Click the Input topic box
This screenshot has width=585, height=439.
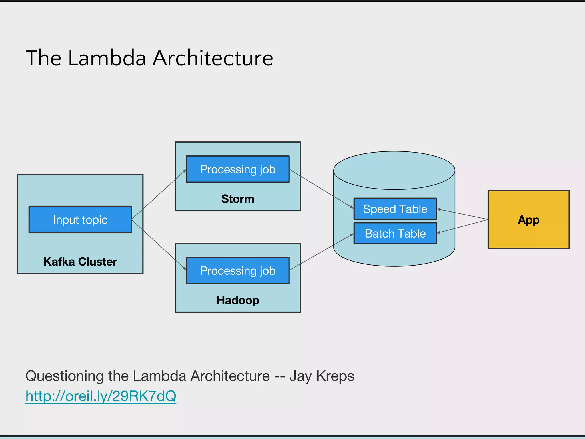pyautogui.click(x=80, y=219)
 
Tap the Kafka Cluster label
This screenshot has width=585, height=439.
pyautogui.click(x=80, y=262)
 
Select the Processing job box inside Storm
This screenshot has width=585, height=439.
pyautogui.click(x=238, y=169)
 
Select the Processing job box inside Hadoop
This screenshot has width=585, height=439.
pyautogui.click(x=238, y=270)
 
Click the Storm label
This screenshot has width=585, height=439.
pyautogui.click(x=238, y=199)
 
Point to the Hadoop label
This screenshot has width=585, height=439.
pyautogui.click(x=238, y=300)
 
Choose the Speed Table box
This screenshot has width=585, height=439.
pyautogui.click(x=395, y=209)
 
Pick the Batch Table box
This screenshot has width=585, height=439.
pyautogui.click(x=395, y=234)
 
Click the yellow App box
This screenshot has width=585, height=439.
pyautogui.click(x=528, y=219)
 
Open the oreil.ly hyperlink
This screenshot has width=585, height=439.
pyautogui.click(x=101, y=396)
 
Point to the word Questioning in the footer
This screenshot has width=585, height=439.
pyautogui.click(x=64, y=376)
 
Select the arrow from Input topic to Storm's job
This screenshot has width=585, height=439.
pyautogui.click(x=159, y=194)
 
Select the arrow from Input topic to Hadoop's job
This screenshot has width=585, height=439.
pyautogui.click(x=159, y=245)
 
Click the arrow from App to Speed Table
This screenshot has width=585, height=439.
pyautogui.click(x=462, y=214)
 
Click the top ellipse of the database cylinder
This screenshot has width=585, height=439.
pyautogui.click(x=394, y=170)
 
